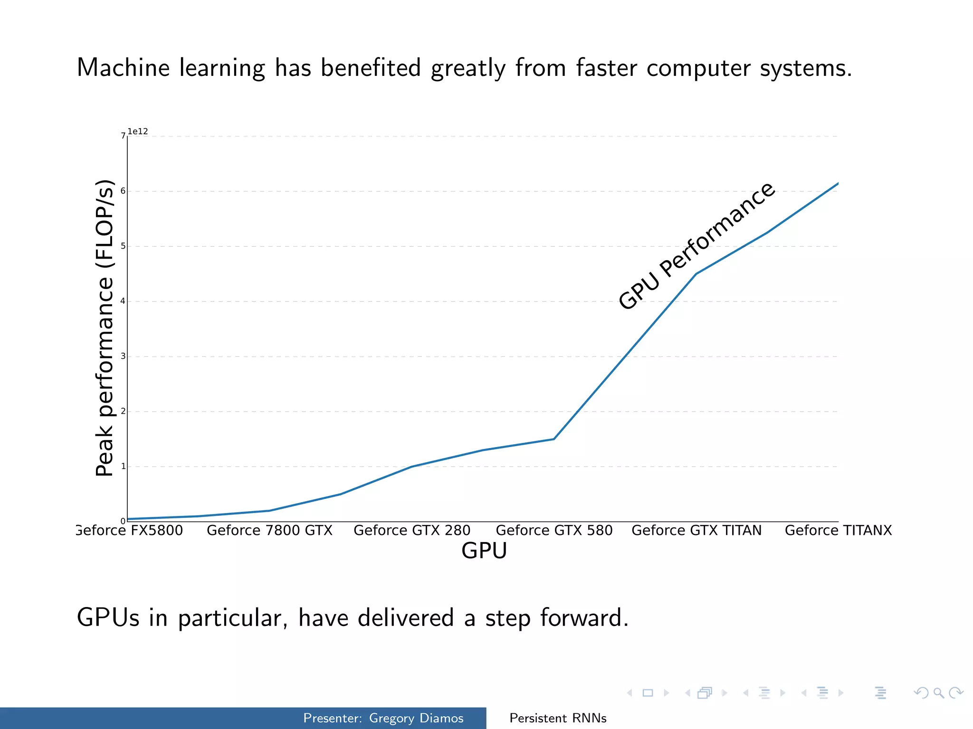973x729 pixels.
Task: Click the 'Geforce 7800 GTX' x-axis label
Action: (269, 530)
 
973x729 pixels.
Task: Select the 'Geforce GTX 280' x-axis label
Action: (412, 530)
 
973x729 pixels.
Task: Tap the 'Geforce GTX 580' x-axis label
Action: (554, 530)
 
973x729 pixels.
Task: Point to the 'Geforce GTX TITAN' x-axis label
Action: (696, 530)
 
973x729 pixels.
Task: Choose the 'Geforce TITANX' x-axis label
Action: (838, 530)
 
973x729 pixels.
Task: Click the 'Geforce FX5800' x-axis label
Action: (130, 530)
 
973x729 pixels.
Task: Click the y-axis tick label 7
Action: (123, 136)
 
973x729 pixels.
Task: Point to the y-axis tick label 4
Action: (123, 301)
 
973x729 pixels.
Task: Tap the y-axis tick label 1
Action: (123, 467)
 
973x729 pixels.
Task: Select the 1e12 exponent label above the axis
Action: (138, 131)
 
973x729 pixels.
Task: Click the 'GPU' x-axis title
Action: (484, 551)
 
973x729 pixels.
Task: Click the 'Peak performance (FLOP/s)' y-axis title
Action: (105, 327)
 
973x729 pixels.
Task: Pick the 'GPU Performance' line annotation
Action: (696, 246)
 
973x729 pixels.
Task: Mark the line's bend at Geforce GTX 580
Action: (554, 439)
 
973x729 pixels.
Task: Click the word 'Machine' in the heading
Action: (123, 67)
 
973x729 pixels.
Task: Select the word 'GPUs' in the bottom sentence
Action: (108, 618)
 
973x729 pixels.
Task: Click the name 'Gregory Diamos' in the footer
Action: (416, 718)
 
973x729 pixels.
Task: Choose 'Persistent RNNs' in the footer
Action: (558, 718)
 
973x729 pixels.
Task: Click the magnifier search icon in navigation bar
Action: (938, 693)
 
